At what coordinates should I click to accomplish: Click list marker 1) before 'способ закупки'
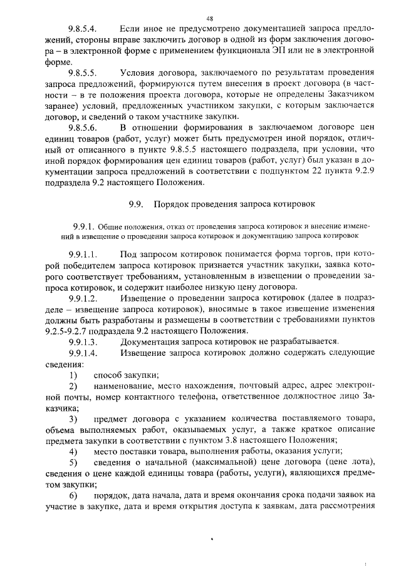(73, 375)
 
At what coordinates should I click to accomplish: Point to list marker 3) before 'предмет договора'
(73, 418)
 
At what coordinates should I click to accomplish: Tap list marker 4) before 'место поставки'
(73, 452)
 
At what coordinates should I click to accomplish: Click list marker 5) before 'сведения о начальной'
(73, 463)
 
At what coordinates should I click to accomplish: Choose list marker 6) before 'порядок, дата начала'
(73, 495)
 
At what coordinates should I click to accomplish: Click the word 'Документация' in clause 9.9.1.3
(150, 342)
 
